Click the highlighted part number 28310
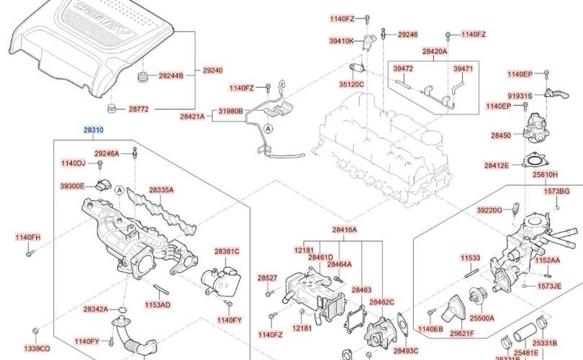tap(94, 130)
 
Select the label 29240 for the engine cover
tap(212, 71)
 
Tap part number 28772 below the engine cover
tap(138, 109)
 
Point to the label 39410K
tap(342, 42)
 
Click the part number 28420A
tap(435, 52)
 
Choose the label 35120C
tap(353, 84)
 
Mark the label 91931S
tap(520, 96)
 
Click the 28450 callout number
tap(501, 135)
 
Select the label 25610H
tap(545, 174)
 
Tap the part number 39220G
tap(489, 210)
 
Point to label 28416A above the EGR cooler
tap(344, 230)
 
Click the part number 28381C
tap(227, 251)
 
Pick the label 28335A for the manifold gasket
tap(161, 190)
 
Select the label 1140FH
tap(30, 237)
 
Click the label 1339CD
tap(36, 348)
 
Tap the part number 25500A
tap(482, 318)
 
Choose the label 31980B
tap(231, 111)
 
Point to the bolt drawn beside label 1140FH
tap(30, 253)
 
